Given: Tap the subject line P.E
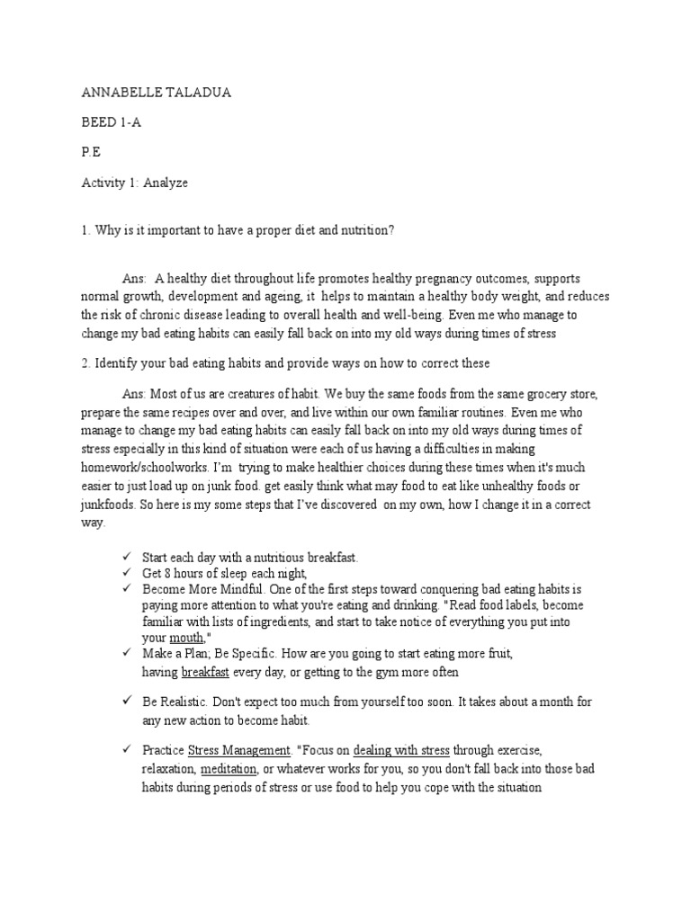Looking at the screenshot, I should coord(91,154).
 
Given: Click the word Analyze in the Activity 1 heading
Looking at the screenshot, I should coord(165,183).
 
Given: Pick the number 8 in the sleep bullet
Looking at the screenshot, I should coord(167,573).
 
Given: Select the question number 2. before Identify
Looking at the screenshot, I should coord(85,362).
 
